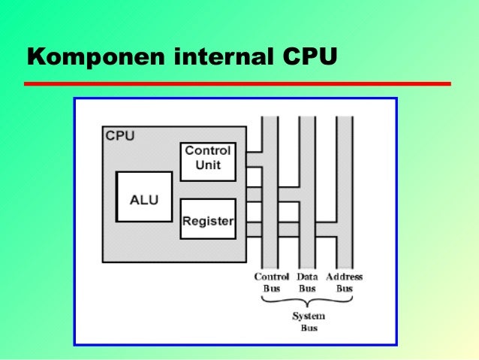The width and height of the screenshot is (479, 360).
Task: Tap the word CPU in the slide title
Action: [x=306, y=57]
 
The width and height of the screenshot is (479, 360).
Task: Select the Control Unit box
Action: [x=208, y=158]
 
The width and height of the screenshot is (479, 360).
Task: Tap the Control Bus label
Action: [x=272, y=282]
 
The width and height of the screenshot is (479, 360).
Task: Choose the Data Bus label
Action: [x=307, y=282]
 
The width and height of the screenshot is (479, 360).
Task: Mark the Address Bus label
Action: [x=344, y=282]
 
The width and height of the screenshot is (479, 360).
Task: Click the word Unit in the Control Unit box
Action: [x=208, y=165]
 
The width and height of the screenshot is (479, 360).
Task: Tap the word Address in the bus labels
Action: [x=344, y=277]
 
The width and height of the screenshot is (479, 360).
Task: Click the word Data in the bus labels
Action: [x=307, y=277]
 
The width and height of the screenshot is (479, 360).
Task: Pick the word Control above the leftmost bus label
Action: [x=272, y=277]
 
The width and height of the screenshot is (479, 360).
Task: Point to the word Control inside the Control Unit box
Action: [x=208, y=151]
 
